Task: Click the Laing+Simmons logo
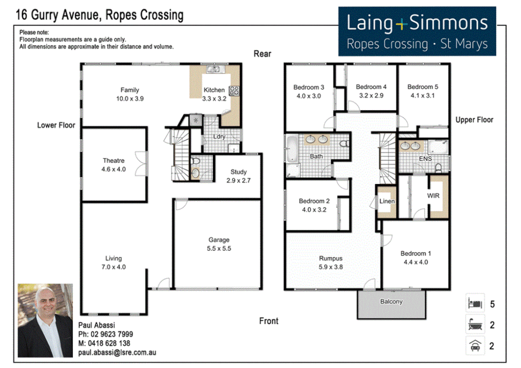[x=417, y=31]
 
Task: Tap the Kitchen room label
[x=214, y=90]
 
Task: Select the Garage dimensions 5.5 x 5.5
[x=219, y=249]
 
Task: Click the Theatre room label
[x=113, y=160]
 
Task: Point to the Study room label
[x=238, y=172]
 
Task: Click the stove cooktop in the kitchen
[x=234, y=91]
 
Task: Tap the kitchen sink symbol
[x=214, y=69]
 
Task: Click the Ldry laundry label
[x=219, y=137]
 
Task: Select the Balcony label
[x=391, y=302]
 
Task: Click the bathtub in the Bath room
[x=292, y=149]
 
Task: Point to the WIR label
[x=433, y=196]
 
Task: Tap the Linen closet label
[x=387, y=201]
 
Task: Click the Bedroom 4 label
[x=371, y=87]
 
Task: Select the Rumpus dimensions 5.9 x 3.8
[x=331, y=267]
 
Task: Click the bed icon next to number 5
[x=475, y=303]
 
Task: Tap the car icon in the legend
[x=475, y=346]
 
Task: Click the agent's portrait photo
[x=45, y=320]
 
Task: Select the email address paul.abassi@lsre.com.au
[x=117, y=353]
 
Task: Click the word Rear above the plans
[x=262, y=54]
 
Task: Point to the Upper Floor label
[x=474, y=120]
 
